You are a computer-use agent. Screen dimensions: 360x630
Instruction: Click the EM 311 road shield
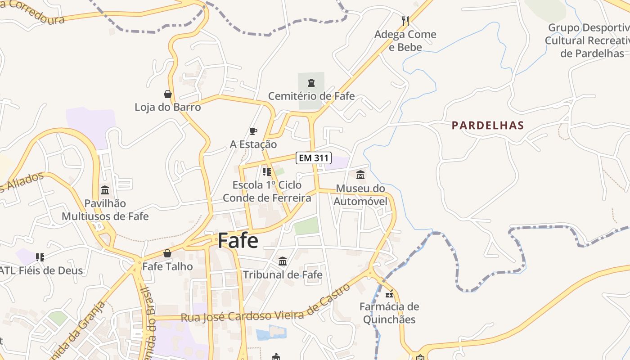pyautogui.click(x=314, y=158)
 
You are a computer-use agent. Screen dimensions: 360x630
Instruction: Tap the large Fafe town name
pyautogui.click(x=238, y=241)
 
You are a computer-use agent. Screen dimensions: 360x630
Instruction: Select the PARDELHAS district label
pyautogui.click(x=488, y=126)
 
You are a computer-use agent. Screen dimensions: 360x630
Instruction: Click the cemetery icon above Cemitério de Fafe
pyautogui.click(x=311, y=82)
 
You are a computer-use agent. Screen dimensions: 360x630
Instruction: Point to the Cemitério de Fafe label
pyautogui.click(x=311, y=96)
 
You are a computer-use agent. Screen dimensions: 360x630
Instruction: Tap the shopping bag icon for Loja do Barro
pyautogui.click(x=168, y=94)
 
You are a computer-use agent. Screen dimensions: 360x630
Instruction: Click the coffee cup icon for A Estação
pyautogui.click(x=253, y=131)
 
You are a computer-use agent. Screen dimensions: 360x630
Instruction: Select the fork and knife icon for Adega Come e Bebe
pyautogui.click(x=405, y=21)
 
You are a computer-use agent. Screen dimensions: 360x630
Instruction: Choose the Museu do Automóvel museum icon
pyautogui.click(x=360, y=175)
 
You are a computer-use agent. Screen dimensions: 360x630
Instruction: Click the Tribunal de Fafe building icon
pyautogui.click(x=283, y=261)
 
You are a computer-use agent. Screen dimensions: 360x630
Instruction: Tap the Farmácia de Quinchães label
pyautogui.click(x=389, y=313)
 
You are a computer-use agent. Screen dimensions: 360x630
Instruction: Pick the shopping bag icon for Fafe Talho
pyautogui.click(x=167, y=253)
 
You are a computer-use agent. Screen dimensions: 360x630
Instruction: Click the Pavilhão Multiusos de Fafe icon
pyautogui.click(x=105, y=190)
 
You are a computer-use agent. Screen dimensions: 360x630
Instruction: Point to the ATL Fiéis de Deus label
pyautogui.click(x=41, y=271)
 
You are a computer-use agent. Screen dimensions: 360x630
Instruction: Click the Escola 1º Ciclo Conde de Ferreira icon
pyautogui.click(x=267, y=171)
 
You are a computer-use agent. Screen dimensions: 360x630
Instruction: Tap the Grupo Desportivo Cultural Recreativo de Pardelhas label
pyautogui.click(x=587, y=40)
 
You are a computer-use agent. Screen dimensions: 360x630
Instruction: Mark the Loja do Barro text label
pyautogui.click(x=168, y=108)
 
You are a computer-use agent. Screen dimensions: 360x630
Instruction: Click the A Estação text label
pyautogui.click(x=253, y=144)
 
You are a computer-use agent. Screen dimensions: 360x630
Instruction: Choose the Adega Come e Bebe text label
pyautogui.click(x=405, y=40)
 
